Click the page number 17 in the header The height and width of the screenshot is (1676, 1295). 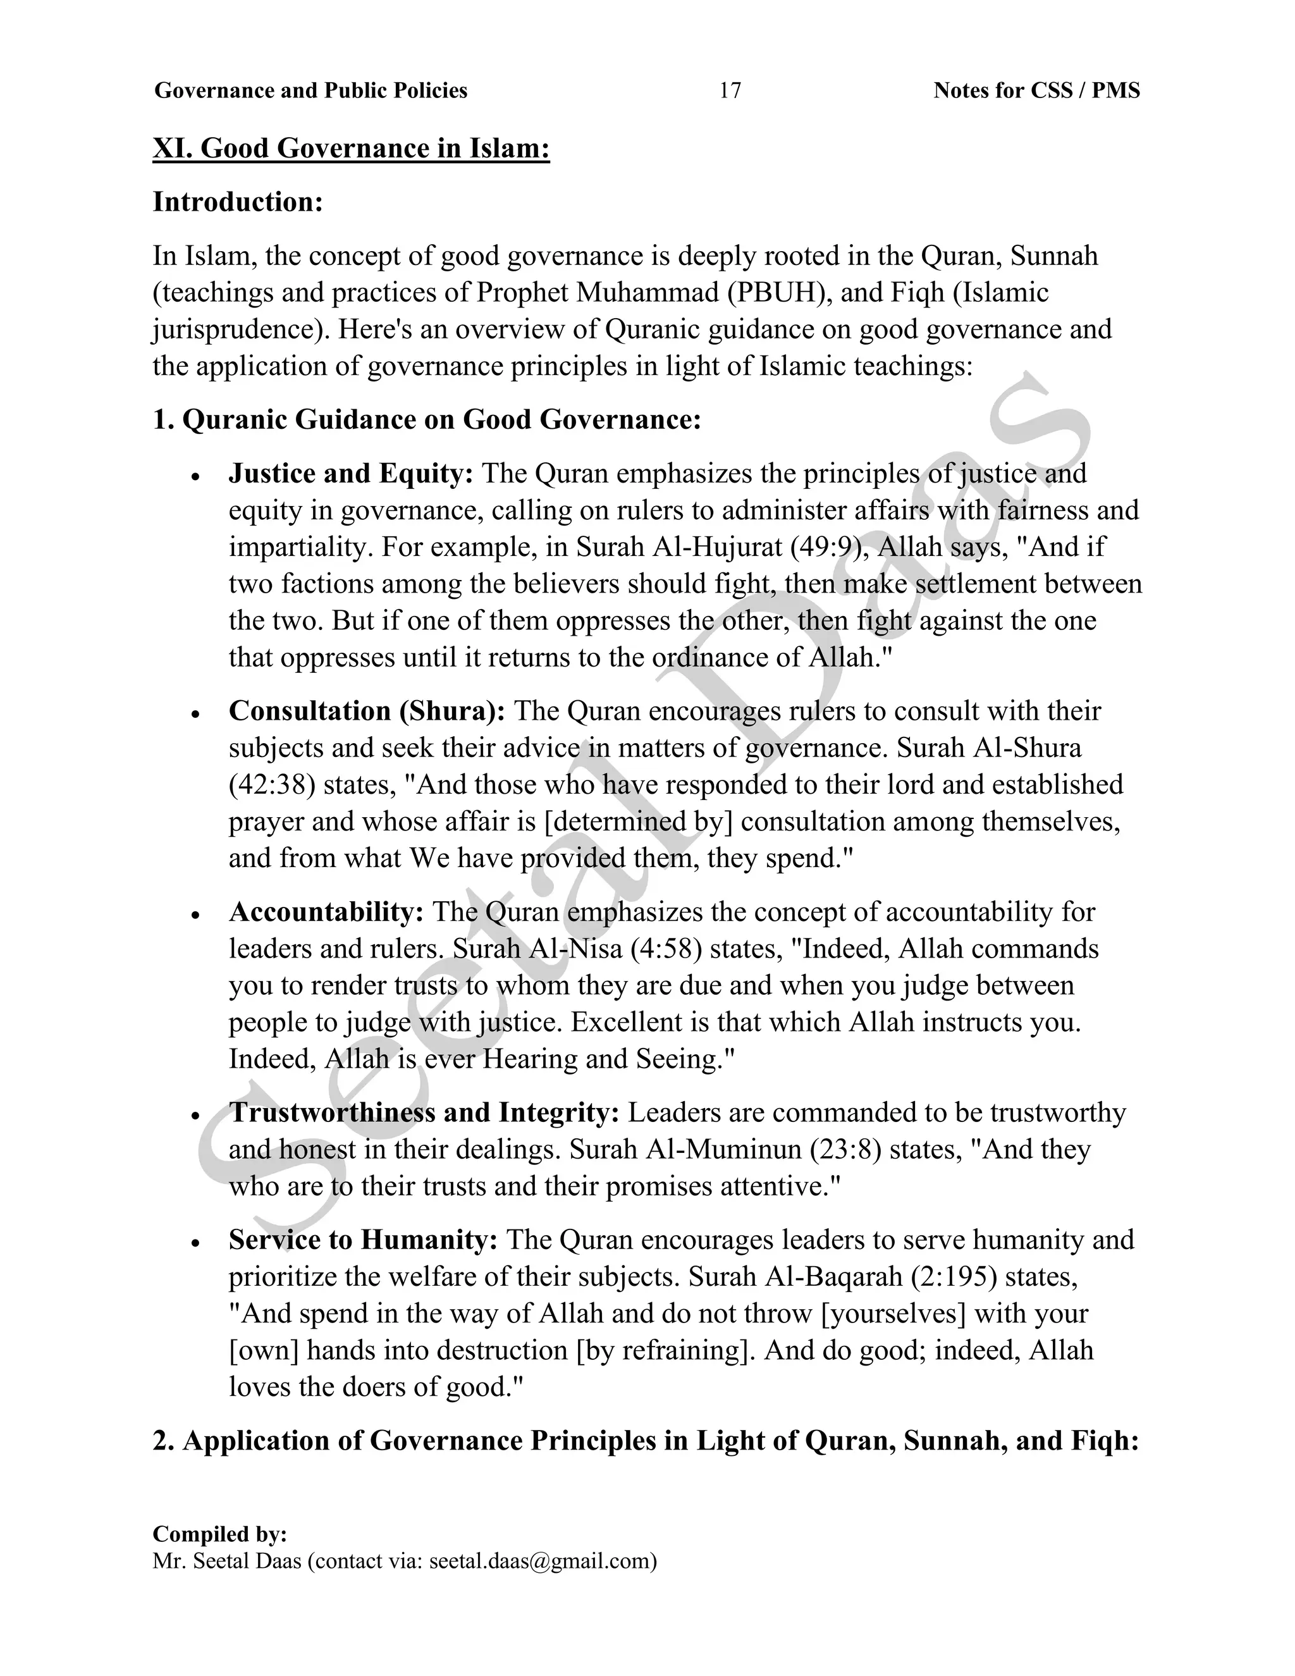pyautogui.click(x=730, y=90)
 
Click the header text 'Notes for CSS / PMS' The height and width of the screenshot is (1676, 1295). pyautogui.click(x=1036, y=90)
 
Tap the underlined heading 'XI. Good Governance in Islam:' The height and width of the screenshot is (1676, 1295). pyautogui.click(x=352, y=147)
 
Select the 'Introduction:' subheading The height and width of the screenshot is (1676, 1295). pyautogui.click(x=238, y=202)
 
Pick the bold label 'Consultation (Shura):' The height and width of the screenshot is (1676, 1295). pyautogui.click(x=367, y=711)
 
